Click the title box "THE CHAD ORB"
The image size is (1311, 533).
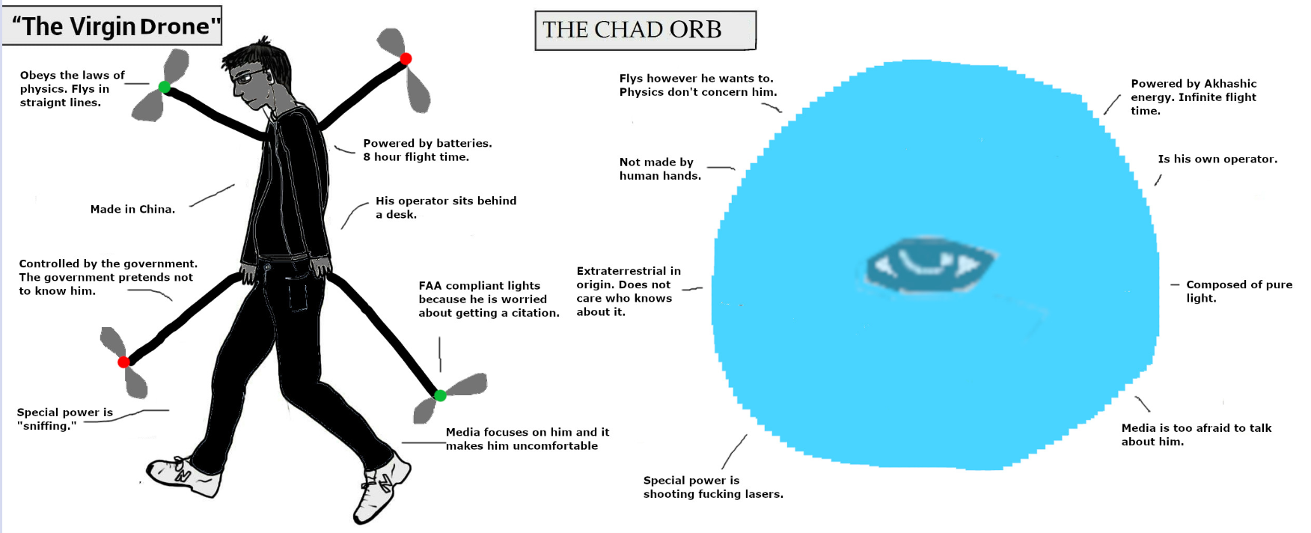click(x=645, y=31)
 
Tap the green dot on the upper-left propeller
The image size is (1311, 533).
click(x=165, y=88)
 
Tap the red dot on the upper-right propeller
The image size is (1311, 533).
click(x=406, y=58)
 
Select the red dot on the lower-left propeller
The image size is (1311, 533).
click(x=124, y=362)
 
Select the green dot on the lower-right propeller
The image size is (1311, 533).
click(x=440, y=395)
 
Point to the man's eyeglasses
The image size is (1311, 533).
click(x=249, y=77)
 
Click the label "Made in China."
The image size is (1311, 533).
click(x=132, y=210)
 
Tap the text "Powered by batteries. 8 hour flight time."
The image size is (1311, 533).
click(x=427, y=150)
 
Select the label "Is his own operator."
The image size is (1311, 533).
click(x=1217, y=159)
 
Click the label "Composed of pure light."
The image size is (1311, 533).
click(x=1239, y=291)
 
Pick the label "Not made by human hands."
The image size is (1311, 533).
click(x=660, y=169)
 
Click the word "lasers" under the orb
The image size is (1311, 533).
click(x=763, y=494)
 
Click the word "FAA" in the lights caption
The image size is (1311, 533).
click(x=430, y=286)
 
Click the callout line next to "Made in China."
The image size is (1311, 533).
click(x=213, y=195)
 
